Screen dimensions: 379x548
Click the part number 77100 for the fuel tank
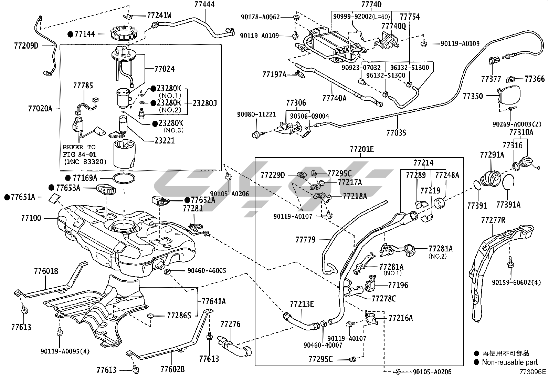click(31, 218)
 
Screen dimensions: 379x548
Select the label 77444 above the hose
click(204, 4)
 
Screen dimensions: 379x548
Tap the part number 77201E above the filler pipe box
click(361, 149)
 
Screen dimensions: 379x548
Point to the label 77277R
click(493, 219)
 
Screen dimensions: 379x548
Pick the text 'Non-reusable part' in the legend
click(509, 362)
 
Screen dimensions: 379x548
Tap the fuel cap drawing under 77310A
click(527, 163)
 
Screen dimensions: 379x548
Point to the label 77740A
click(334, 98)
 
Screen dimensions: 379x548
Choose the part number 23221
click(165, 140)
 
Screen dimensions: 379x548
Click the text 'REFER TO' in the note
click(79, 147)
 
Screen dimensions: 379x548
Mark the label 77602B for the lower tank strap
click(172, 369)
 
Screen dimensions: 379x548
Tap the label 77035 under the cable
click(396, 132)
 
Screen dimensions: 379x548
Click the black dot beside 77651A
click(7, 197)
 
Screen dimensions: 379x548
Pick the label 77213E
click(302, 304)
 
